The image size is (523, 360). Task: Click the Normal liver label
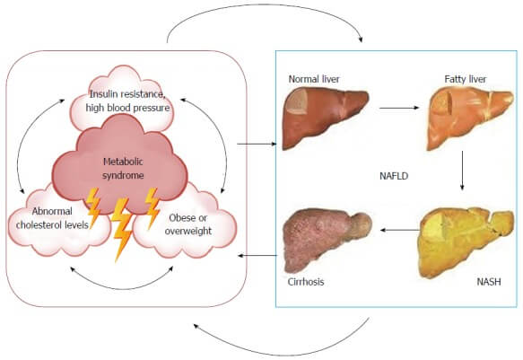(x=314, y=79)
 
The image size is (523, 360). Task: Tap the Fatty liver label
(x=466, y=79)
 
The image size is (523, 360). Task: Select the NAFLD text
(x=394, y=176)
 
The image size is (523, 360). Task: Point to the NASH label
(x=489, y=282)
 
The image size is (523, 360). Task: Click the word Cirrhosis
(x=306, y=282)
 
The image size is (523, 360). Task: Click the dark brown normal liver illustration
(x=326, y=119)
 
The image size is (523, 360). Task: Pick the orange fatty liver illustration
(x=470, y=119)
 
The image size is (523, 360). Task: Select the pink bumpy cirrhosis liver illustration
(x=327, y=241)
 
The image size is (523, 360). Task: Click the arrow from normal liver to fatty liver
(x=399, y=108)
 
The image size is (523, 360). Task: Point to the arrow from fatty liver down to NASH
(x=462, y=171)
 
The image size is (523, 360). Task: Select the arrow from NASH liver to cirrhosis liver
(x=400, y=230)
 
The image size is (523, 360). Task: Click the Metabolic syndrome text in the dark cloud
(x=123, y=169)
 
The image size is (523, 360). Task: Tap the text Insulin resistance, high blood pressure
(x=127, y=101)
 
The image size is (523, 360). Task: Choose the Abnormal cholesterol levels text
(x=52, y=218)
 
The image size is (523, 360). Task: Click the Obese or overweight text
(x=188, y=224)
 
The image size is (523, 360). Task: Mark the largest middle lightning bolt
(x=121, y=230)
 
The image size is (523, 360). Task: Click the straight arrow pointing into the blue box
(x=257, y=145)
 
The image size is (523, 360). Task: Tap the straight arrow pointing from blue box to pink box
(x=257, y=256)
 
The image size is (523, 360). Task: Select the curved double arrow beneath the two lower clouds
(x=122, y=287)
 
